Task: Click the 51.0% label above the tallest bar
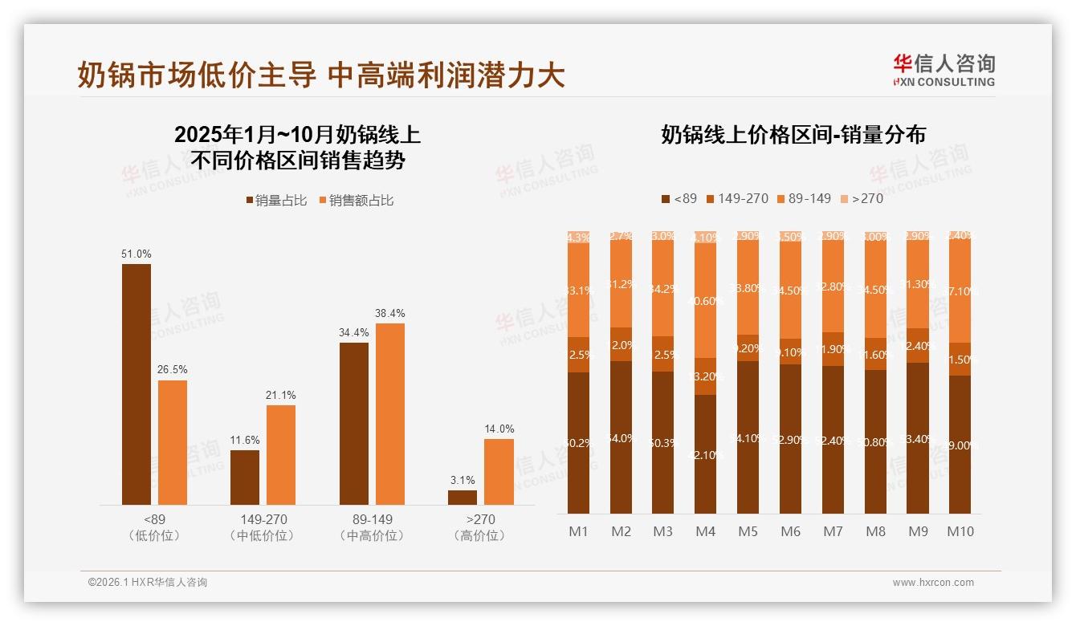click(x=136, y=254)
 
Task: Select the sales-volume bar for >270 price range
click(x=462, y=498)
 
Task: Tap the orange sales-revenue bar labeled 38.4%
click(x=389, y=413)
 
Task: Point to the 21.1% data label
click(x=281, y=395)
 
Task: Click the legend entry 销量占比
click(x=275, y=201)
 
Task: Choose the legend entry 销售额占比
click(x=356, y=201)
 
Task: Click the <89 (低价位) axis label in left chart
click(x=154, y=527)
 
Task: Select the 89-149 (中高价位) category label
click(x=372, y=527)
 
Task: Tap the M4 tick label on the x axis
click(x=705, y=531)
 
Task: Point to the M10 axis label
click(x=960, y=531)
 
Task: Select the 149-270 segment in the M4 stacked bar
click(x=705, y=376)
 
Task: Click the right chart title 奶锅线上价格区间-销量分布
click(x=793, y=135)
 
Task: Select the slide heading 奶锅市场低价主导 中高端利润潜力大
click(x=321, y=75)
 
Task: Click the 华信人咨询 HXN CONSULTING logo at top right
click(x=944, y=70)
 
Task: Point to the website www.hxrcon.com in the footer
click(x=932, y=583)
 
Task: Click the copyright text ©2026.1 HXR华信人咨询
click(x=148, y=583)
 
